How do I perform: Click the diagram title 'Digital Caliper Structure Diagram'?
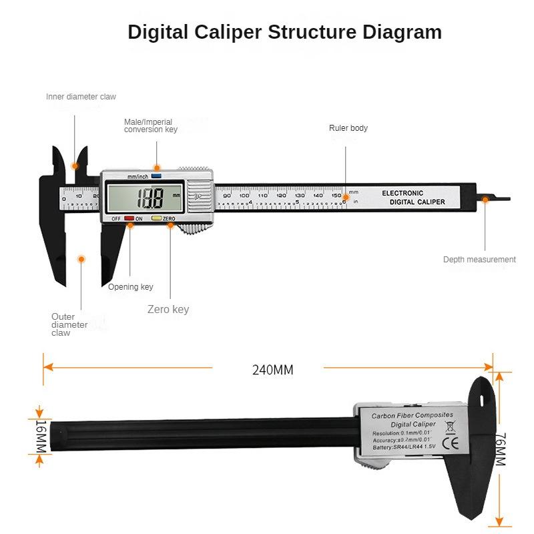click(x=284, y=32)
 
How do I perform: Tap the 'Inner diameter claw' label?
click(x=81, y=97)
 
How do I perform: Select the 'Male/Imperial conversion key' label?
click(x=151, y=125)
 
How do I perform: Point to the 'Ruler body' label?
click(x=348, y=128)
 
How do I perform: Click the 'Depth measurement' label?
click(x=479, y=260)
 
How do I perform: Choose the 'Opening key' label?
click(x=131, y=287)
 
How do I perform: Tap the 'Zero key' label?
click(x=168, y=309)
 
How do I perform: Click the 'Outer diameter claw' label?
click(x=69, y=324)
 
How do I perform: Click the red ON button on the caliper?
click(x=129, y=218)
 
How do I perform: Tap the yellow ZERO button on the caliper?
click(x=156, y=218)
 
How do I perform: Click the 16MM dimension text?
click(x=40, y=437)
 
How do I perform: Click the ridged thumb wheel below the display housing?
click(x=194, y=228)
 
